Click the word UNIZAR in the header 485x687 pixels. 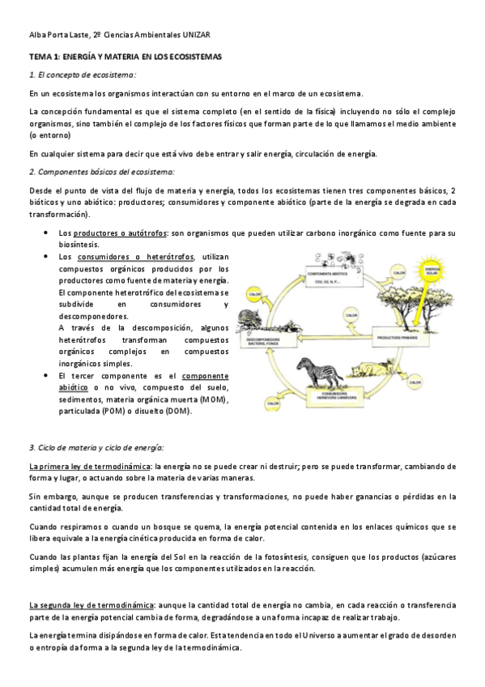point(200,36)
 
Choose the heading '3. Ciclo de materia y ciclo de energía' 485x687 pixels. point(96,447)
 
